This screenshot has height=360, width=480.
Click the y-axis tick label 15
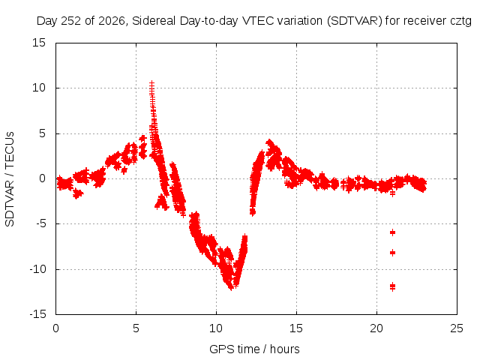39,43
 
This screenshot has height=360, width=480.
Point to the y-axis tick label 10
39,88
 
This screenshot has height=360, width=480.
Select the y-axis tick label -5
41,223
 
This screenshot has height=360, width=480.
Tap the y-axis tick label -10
38,269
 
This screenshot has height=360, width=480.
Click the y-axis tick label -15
38,314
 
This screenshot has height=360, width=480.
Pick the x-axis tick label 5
136,328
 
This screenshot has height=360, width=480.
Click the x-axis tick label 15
296,328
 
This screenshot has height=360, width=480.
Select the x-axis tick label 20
376,328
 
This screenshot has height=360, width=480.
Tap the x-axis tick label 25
457,328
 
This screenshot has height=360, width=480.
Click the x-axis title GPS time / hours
254,349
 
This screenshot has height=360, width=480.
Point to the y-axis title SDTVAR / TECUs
10,179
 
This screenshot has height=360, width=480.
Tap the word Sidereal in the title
154,21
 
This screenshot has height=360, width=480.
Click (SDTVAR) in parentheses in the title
355,21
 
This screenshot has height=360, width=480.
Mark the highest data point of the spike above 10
151,82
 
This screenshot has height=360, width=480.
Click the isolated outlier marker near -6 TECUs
392,232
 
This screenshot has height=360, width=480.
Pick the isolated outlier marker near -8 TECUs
392,253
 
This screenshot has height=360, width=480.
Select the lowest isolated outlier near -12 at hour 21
392,287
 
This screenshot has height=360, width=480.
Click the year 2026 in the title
112,21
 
